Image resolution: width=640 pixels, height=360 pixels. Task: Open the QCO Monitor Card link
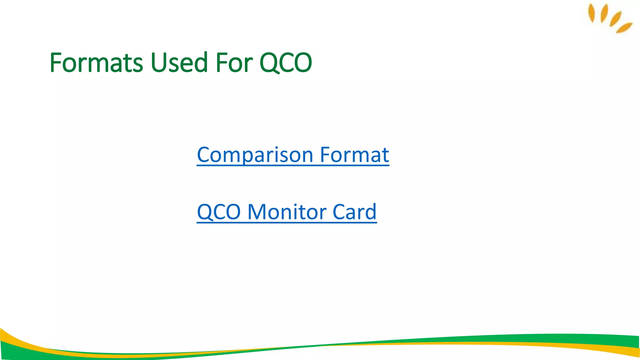(287, 212)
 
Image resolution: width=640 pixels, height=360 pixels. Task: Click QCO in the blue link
(219, 212)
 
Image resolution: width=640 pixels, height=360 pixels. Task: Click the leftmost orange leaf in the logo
(591, 13)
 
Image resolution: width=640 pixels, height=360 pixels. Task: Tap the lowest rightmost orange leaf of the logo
(624, 28)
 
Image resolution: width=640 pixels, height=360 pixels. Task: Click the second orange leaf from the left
(604, 13)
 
